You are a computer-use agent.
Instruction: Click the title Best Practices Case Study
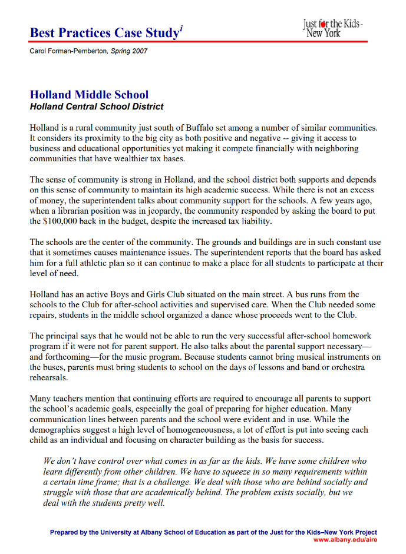click(104, 33)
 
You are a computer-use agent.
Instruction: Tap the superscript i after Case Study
click(181, 28)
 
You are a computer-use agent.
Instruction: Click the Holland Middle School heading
click(89, 95)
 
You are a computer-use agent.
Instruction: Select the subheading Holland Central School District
click(97, 107)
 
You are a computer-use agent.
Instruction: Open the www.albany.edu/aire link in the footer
click(345, 539)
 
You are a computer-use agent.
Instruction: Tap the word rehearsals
click(48, 378)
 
